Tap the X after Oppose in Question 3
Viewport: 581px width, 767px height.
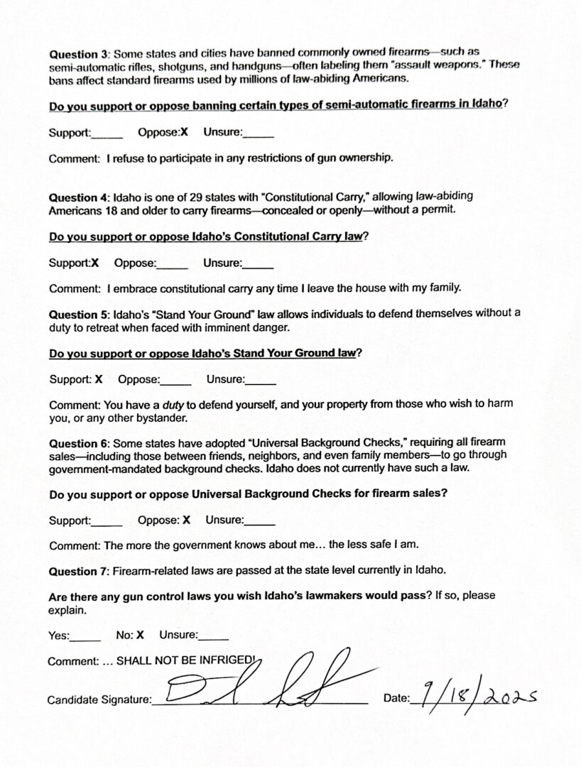(184, 132)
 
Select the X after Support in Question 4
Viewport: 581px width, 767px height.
(94, 263)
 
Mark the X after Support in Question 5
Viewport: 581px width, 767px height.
(99, 379)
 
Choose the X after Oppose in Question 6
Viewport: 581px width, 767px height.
(186, 520)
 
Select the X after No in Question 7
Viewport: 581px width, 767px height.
(140, 635)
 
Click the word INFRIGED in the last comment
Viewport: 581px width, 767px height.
(228, 660)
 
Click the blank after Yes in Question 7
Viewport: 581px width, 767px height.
(86, 636)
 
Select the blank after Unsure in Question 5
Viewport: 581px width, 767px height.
(261, 380)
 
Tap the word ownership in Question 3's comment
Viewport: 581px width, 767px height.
(361, 158)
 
